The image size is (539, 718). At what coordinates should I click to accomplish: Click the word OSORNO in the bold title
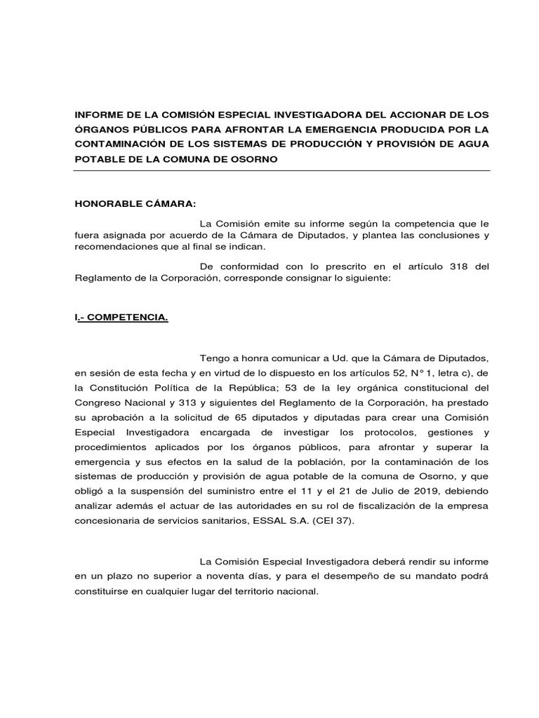254,159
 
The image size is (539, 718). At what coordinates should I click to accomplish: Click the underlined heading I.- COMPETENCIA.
121,318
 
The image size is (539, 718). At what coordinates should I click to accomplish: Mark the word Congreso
98,402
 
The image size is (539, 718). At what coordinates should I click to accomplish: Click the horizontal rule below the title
282,170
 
